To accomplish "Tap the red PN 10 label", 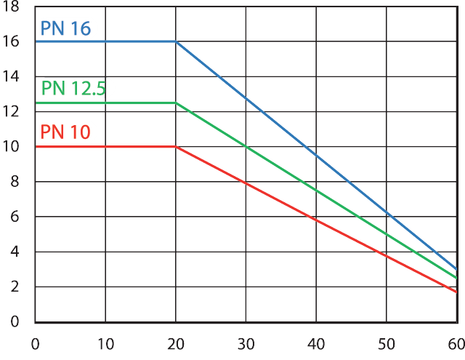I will pos(65,132).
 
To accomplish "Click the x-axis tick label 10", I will pos(105,343).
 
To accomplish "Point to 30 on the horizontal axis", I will pos(246,343).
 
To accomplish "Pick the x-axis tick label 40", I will pos(316,343).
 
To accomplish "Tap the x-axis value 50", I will pos(386,343).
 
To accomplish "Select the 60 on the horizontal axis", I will pos(455,343).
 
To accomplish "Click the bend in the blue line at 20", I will pos(176,41).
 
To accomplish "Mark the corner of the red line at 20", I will pos(176,147).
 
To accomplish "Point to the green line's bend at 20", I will pos(176,103).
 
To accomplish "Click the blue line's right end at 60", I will pos(456,269).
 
